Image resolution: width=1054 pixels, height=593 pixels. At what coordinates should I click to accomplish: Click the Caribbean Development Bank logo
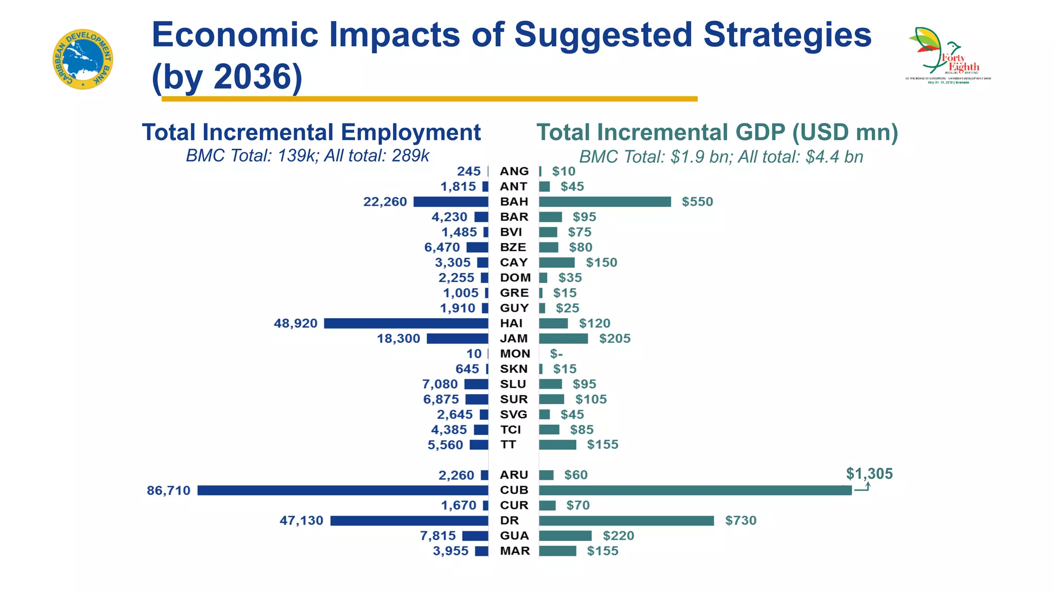(x=83, y=59)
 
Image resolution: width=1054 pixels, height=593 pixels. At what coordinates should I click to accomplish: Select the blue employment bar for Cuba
(x=343, y=490)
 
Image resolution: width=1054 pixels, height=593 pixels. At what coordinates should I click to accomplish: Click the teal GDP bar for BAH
(x=605, y=202)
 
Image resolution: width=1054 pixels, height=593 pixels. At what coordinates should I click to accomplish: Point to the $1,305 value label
(x=869, y=474)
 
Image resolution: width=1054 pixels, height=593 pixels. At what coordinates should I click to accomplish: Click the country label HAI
(x=511, y=323)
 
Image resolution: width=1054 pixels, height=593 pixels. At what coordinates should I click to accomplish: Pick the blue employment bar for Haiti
(x=406, y=323)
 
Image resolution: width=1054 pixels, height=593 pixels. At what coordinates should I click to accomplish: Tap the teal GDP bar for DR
(x=626, y=520)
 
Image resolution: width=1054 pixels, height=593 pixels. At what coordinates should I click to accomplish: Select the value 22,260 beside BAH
(x=385, y=202)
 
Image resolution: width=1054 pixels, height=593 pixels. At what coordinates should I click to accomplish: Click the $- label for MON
(x=556, y=354)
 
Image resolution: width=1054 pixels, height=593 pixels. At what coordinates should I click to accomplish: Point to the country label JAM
(x=514, y=339)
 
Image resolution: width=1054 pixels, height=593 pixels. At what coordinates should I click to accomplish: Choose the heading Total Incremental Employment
(x=311, y=132)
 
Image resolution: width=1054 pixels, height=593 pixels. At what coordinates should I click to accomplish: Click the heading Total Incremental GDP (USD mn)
(x=717, y=132)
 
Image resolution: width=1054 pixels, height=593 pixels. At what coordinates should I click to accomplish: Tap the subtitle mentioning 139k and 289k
(x=307, y=155)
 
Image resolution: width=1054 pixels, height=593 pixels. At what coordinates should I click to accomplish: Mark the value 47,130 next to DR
(x=302, y=520)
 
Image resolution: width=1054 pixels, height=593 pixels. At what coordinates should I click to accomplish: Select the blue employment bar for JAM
(x=457, y=339)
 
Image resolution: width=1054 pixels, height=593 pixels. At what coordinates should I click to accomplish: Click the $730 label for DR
(x=741, y=520)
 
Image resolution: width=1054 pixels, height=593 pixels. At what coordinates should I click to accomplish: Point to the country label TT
(x=508, y=445)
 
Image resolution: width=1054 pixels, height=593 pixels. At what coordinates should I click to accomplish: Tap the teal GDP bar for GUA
(x=565, y=536)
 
